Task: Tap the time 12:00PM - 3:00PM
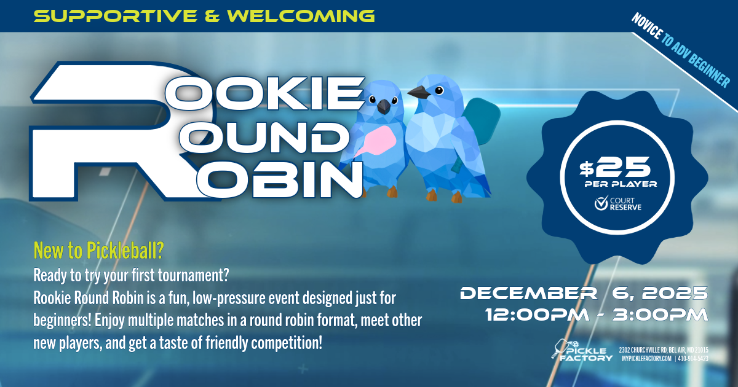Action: (x=597, y=315)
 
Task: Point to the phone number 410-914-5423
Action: (x=693, y=358)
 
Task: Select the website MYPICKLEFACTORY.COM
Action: (x=646, y=358)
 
